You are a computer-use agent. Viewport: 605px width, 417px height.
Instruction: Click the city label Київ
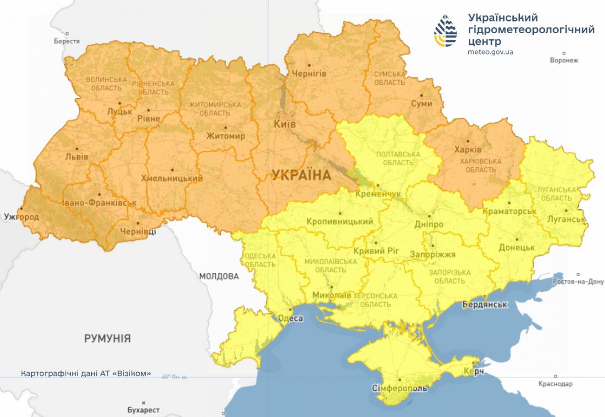(284, 124)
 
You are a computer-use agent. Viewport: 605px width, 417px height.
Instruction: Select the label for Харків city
(468, 150)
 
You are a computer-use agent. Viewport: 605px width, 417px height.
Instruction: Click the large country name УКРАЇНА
(301, 175)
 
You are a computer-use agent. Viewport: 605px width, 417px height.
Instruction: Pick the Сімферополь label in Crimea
(400, 389)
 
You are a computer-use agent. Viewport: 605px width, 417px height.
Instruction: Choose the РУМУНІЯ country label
(107, 338)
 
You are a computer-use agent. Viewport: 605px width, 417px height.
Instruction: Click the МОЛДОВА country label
(218, 276)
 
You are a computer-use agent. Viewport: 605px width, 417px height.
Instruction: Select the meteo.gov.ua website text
(491, 51)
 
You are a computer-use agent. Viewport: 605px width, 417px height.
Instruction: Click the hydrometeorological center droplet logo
(446, 31)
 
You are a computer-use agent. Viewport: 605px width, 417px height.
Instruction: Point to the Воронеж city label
(564, 60)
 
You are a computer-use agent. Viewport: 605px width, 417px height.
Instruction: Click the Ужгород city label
(21, 216)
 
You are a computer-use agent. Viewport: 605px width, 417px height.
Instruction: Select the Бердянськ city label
(485, 305)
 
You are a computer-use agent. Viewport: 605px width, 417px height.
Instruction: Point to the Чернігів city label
(306, 74)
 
